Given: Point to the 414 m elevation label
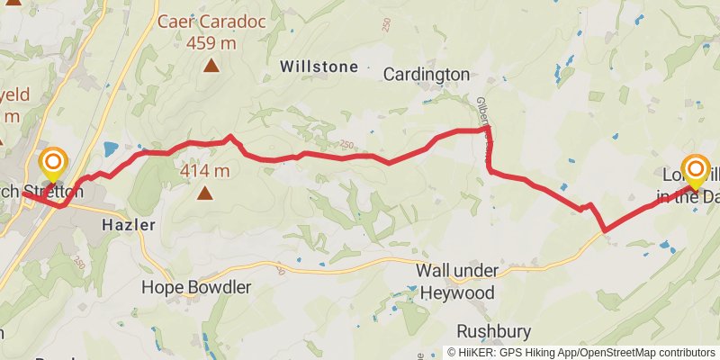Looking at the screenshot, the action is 206,170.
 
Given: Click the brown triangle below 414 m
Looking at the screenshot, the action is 206,192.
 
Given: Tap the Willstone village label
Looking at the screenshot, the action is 319,67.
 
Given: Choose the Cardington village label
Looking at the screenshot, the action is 427,74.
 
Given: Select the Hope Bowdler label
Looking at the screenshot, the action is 196,287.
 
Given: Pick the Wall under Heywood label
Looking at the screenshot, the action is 455,281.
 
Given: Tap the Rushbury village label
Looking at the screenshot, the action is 493,330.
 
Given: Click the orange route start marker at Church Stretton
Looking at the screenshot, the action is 53,163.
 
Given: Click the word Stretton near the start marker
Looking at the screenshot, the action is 54,192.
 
